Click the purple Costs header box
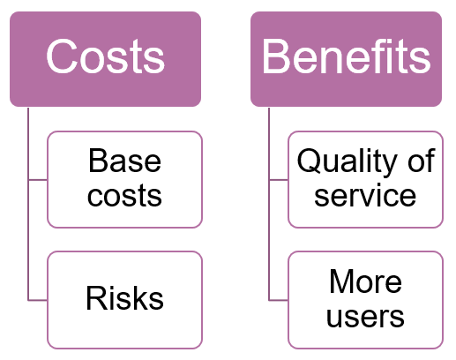pos(105,59)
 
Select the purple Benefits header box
pos(346,59)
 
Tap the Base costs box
pos(124,179)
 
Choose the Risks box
pos(124,300)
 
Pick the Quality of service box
pos(365,179)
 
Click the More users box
pos(365,300)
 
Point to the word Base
pos(124,161)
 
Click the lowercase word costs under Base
pos(124,196)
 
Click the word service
pos(365,196)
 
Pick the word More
pos(365,281)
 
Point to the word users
pos(365,317)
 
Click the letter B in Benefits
pos(276,56)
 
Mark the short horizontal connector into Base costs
pos(38,179)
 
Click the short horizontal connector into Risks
pos(38,300)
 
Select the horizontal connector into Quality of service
pos(279,179)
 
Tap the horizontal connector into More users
pos(279,300)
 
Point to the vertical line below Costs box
pos(28,204)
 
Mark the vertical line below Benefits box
pos(269,204)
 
